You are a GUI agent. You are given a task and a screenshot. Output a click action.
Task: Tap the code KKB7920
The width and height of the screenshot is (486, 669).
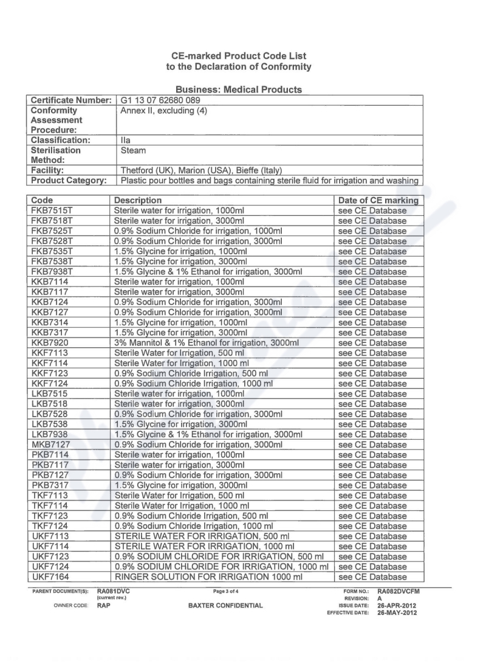[x=52, y=343]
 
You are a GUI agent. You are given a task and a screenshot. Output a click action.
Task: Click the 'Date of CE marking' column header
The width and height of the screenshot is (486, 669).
[x=378, y=200]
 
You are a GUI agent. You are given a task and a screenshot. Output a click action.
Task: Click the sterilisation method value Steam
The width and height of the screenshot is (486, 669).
[x=133, y=150]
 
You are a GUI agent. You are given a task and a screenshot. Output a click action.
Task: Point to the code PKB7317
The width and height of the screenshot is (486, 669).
[x=52, y=485]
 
